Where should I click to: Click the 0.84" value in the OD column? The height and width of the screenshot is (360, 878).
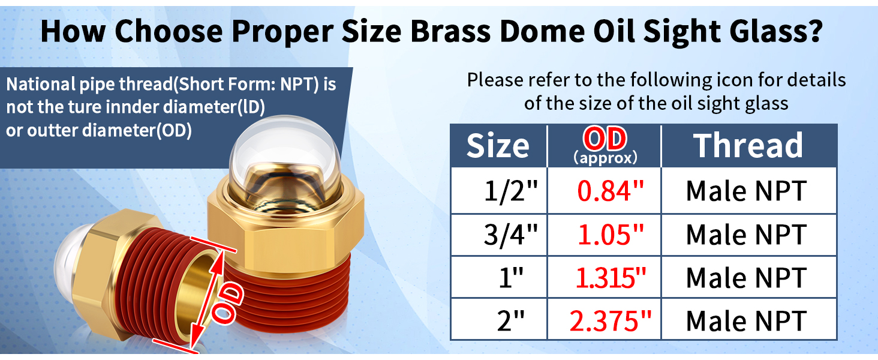click(611, 191)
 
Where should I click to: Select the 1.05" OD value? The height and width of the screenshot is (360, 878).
click(611, 235)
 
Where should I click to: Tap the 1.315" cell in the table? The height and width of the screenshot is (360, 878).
click(611, 278)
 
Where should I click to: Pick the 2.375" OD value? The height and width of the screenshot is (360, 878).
click(611, 321)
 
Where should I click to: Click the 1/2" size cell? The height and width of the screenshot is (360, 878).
click(510, 191)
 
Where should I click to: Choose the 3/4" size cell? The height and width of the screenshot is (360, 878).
click(510, 235)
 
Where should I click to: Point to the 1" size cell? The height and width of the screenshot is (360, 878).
click(511, 278)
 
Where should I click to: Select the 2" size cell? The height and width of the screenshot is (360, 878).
click(510, 321)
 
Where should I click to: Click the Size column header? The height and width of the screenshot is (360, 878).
click(498, 146)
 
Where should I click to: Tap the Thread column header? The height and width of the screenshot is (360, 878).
click(748, 145)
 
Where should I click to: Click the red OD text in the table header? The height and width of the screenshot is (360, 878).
click(605, 139)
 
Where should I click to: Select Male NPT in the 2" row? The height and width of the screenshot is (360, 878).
click(746, 321)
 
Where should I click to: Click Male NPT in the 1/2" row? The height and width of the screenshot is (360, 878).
click(746, 191)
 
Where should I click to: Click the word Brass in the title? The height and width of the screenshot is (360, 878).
click(450, 31)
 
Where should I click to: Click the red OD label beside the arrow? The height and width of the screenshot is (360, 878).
click(227, 304)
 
